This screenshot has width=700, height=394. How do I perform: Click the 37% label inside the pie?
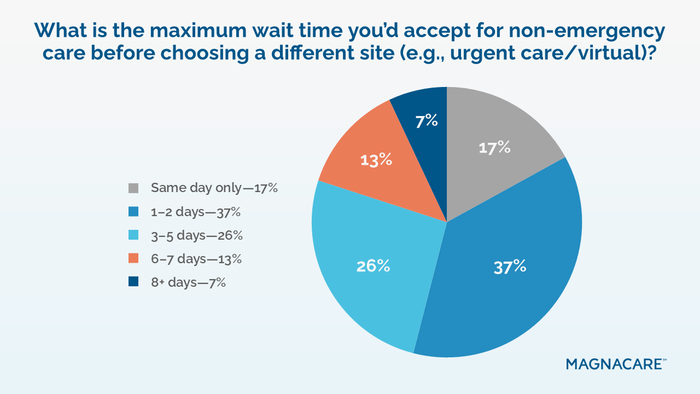click(510, 267)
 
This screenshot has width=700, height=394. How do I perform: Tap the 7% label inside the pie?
click(426, 121)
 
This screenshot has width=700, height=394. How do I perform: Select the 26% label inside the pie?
click(373, 266)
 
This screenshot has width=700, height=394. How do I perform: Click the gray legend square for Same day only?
click(133, 188)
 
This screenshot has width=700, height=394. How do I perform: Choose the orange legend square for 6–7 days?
click(133, 258)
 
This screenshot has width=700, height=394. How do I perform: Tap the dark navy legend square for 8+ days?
click(133, 281)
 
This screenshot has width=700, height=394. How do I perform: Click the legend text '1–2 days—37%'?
click(196, 212)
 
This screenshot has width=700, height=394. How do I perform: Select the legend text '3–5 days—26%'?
click(197, 235)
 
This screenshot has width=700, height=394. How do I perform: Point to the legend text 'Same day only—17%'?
click(214, 188)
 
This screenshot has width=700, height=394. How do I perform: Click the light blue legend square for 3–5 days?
click(133, 235)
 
